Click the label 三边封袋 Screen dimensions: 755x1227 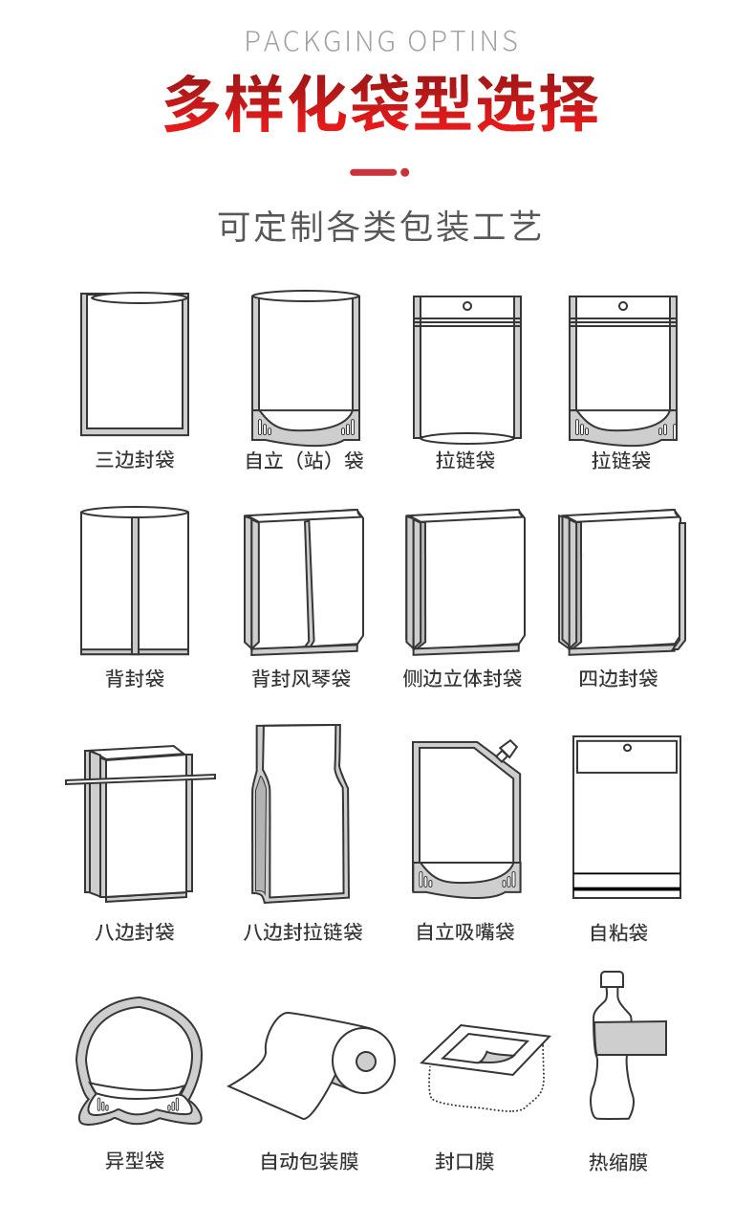(x=135, y=460)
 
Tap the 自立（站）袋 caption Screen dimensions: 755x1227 (x=304, y=461)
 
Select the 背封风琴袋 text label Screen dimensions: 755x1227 (x=301, y=679)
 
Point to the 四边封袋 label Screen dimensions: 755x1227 (x=618, y=679)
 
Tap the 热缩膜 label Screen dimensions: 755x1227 (x=618, y=1163)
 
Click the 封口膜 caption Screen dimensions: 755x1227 (x=464, y=1162)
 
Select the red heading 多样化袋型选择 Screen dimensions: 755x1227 (x=379, y=103)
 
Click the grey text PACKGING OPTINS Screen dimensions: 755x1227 (x=381, y=42)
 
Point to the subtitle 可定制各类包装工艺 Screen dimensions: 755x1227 (x=379, y=228)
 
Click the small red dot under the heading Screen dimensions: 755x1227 (x=405, y=173)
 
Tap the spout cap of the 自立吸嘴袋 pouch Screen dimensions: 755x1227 (x=507, y=750)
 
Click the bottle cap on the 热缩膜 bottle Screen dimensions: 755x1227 (x=612, y=979)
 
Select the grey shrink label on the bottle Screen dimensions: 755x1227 (x=629, y=1039)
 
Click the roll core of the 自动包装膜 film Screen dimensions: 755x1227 (x=365, y=1062)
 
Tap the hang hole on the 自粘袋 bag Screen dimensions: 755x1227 (x=627, y=748)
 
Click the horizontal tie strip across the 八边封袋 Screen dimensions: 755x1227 (x=140, y=778)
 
